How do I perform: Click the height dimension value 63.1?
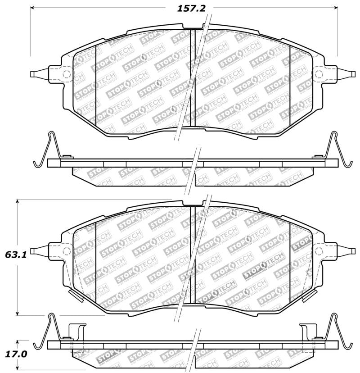17,255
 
